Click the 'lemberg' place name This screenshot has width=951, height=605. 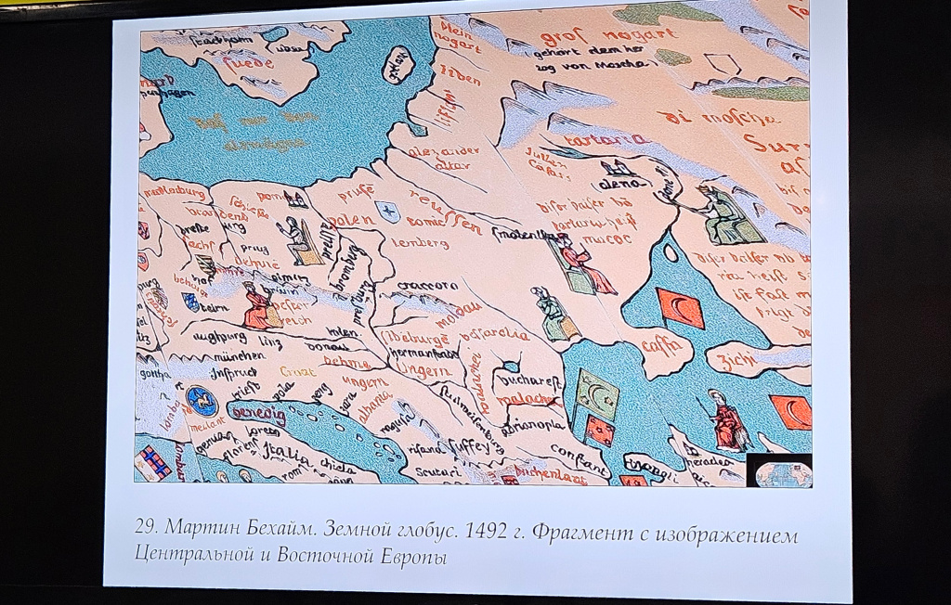(x=420, y=243)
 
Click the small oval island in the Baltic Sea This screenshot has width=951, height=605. (x=398, y=66)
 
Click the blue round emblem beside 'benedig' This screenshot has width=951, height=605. (x=202, y=402)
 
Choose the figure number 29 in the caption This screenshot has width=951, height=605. (x=145, y=528)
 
